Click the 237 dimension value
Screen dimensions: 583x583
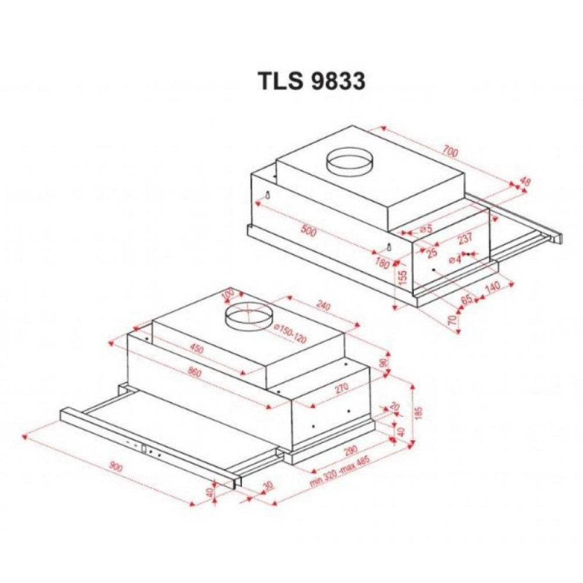pyautogui.click(x=465, y=238)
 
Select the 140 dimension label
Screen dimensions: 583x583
pyautogui.click(x=493, y=287)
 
